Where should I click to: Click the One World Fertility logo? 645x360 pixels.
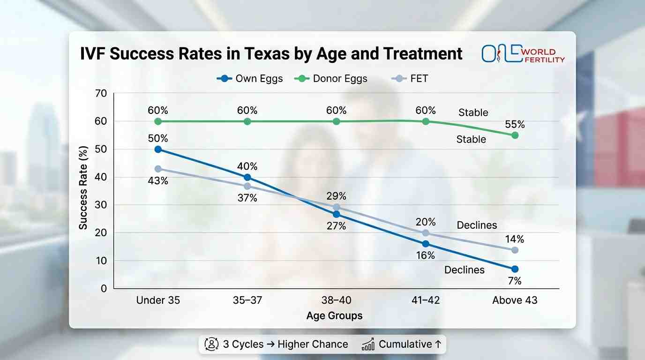[x=523, y=54]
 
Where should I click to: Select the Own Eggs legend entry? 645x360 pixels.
[x=250, y=78]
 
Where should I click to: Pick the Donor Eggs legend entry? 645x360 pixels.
[x=330, y=78]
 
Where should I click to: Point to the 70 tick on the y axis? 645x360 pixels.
[x=101, y=93]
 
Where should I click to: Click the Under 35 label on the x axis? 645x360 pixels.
[x=158, y=300]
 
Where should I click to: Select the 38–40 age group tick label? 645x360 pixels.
[x=336, y=300]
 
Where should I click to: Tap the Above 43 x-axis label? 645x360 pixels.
[x=515, y=300]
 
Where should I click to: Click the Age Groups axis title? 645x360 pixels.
[x=334, y=315]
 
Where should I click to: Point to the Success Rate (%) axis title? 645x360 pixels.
[x=83, y=191]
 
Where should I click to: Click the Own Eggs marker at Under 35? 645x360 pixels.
[x=158, y=149]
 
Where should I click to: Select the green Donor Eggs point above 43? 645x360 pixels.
[x=515, y=135]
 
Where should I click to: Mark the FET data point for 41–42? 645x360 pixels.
[x=426, y=233]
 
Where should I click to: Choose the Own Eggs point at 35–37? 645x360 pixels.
[x=247, y=177]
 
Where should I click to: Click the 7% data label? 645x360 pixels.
[x=514, y=281]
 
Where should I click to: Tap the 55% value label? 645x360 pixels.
[x=514, y=125]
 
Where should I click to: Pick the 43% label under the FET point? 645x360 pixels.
[x=158, y=180]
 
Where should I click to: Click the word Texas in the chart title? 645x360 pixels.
[x=237, y=54]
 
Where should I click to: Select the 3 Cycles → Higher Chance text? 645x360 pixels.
[x=285, y=344]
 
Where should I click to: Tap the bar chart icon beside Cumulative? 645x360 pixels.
[x=368, y=345]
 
